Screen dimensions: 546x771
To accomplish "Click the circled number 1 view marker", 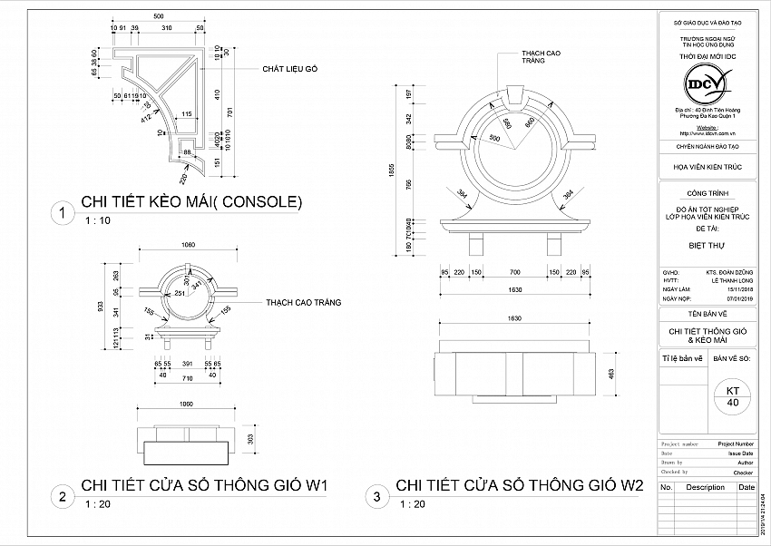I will coord(62,214).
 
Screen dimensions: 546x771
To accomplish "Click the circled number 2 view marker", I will coord(62,496).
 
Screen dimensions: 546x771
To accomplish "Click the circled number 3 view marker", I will coord(376,496).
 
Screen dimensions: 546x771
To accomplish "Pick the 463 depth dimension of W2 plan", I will coord(612,373).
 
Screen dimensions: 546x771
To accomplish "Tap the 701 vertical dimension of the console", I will coord(230,112).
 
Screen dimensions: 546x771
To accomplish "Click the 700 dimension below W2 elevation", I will coord(514,271).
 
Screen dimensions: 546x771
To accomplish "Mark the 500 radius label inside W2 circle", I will coord(494,138).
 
